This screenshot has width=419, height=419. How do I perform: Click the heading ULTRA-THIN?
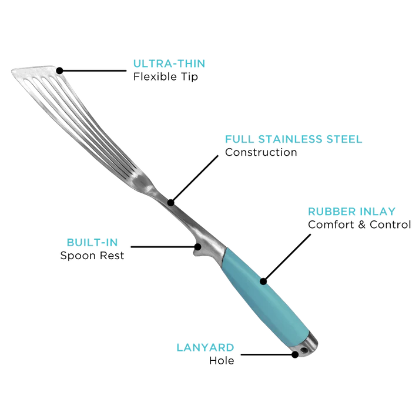pos(169,63)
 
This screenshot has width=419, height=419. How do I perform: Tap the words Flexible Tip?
pos(165,77)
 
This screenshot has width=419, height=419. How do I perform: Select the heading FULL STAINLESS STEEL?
pos(293,139)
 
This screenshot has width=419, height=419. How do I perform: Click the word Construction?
pos(261,152)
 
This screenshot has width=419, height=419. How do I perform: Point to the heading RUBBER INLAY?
pos(351,212)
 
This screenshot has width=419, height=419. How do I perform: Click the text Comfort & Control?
pos(360,224)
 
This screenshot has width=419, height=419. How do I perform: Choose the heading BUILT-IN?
pos(92,243)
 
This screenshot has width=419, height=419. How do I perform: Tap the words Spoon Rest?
pos(92,256)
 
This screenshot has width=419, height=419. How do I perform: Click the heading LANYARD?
pos(205,348)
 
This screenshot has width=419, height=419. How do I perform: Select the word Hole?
pos(222,361)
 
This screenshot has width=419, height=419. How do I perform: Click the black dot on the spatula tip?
pos(59,71)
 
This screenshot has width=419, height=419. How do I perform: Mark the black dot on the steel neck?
pos(171,203)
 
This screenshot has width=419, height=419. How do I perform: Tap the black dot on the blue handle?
pos(263,281)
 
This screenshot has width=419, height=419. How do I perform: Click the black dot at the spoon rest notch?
pos(197,247)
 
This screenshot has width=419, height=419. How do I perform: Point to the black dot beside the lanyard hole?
pos(295,354)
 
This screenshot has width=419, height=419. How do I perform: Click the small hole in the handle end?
pos(303,350)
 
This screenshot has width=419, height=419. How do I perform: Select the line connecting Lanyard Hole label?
pos(267,354)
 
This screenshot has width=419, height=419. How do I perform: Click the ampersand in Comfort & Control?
pos(361,224)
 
